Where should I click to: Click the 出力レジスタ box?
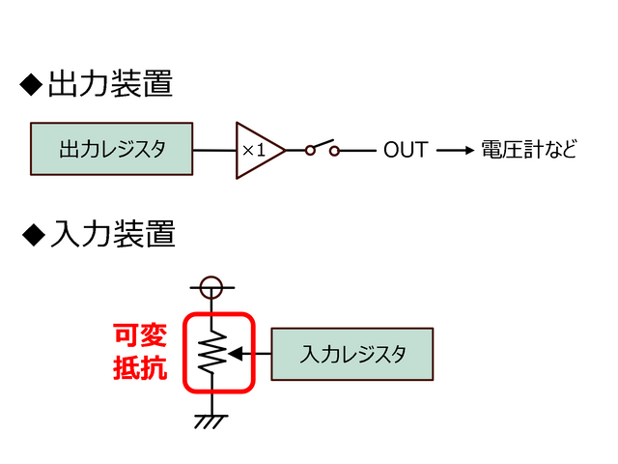tap(112, 150)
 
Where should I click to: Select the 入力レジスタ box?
tap(352, 354)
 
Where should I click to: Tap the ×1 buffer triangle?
tap(258, 150)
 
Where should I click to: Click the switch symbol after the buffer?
tap(322, 149)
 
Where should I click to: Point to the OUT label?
tap(406, 150)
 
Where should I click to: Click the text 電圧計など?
tap(527, 150)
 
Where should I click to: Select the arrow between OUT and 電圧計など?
tap(455, 150)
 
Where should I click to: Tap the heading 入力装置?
tap(112, 233)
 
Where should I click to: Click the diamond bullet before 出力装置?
tap(32, 86)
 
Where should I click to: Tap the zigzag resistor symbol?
tap(211, 354)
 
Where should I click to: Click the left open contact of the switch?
tap(310, 150)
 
